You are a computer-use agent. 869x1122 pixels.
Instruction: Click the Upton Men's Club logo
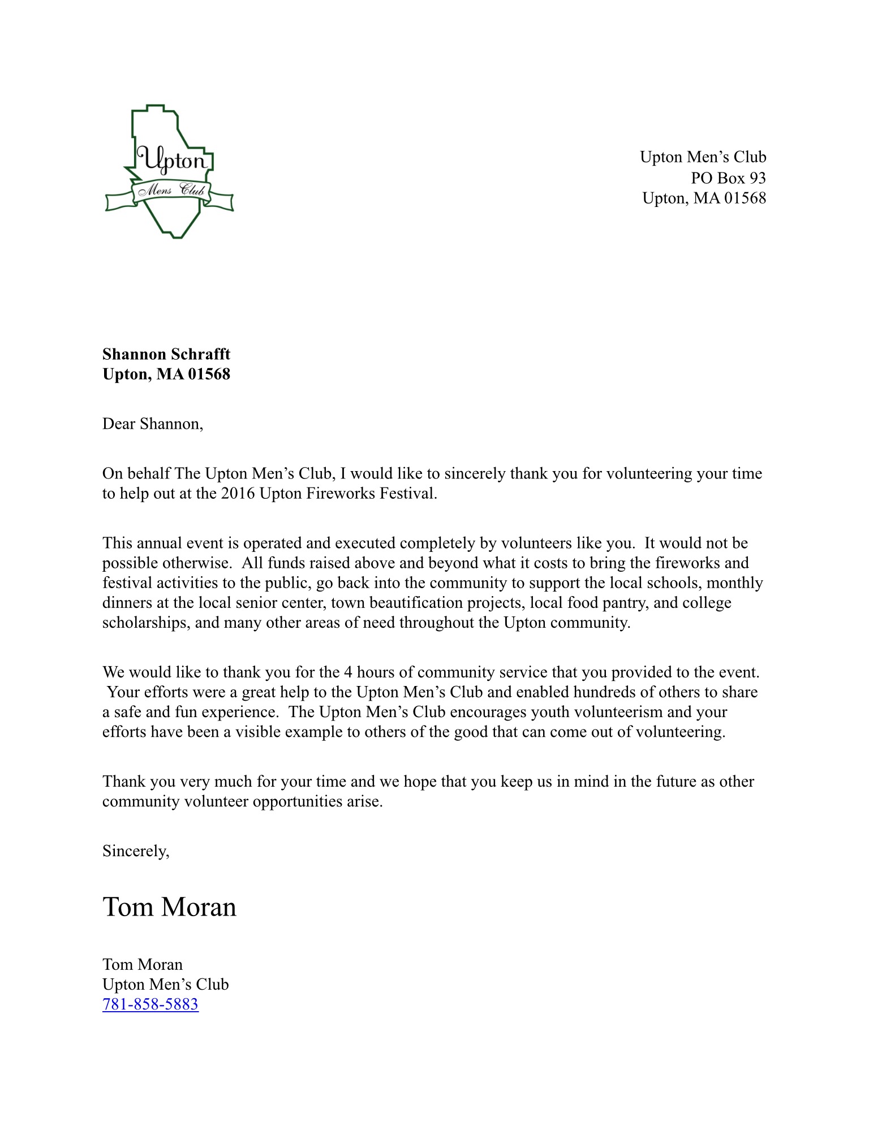[169, 171]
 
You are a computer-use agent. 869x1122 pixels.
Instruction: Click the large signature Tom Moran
[169, 907]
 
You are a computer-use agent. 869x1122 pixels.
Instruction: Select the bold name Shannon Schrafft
[166, 354]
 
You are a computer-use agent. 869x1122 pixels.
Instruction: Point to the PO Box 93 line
[728, 178]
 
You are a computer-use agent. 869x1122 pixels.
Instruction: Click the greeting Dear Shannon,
[153, 424]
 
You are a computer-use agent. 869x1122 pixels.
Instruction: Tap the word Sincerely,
[136, 851]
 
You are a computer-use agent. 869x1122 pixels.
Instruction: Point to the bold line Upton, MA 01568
[166, 374]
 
